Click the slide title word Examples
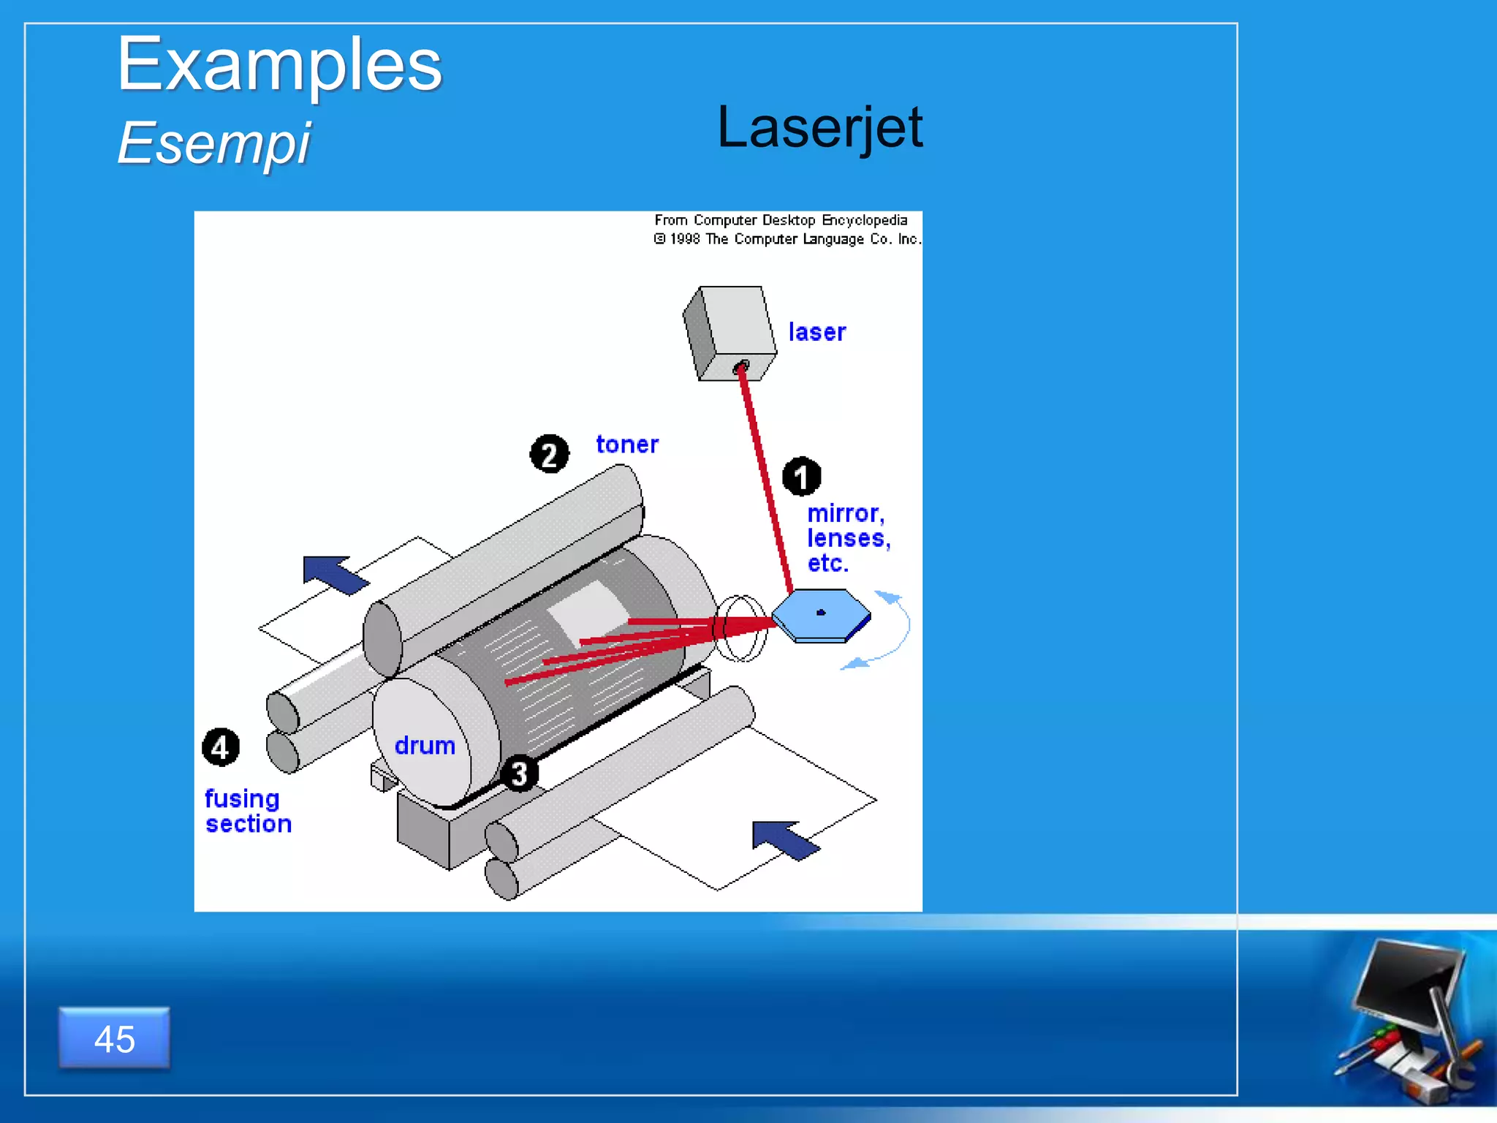pyautogui.click(x=279, y=66)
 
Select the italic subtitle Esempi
pyautogui.click(x=213, y=143)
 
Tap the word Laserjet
pyautogui.click(x=819, y=127)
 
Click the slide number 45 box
pyautogui.click(x=115, y=1038)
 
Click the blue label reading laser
pyautogui.click(x=816, y=333)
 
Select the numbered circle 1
pyautogui.click(x=801, y=477)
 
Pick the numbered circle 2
pyautogui.click(x=549, y=454)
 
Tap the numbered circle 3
pyautogui.click(x=519, y=774)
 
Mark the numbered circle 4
pyautogui.click(x=220, y=747)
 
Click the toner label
pyautogui.click(x=626, y=445)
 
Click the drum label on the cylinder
pyautogui.click(x=425, y=746)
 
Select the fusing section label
pyautogui.click(x=247, y=811)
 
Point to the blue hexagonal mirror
pyautogui.click(x=821, y=613)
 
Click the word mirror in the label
pyautogui.click(x=844, y=513)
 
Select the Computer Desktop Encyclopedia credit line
pyautogui.click(x=781, y=220)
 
